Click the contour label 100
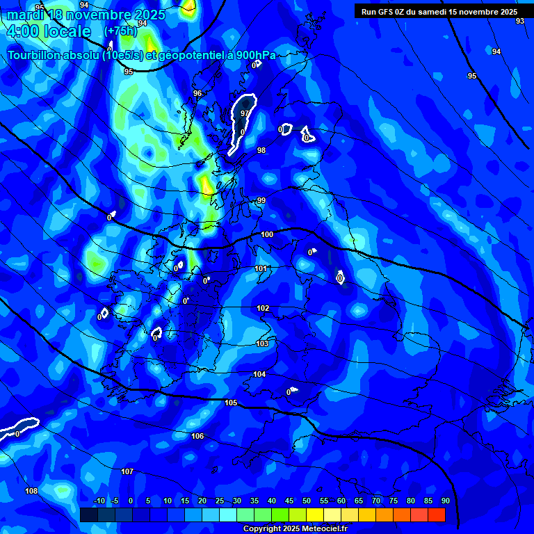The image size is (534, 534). tap(267, 234)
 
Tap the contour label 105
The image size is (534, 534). tap(231, 403)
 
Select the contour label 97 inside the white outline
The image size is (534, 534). tap(245, 113)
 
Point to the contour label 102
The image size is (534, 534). tap(263, 308)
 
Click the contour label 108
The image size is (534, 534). tap(31, 491)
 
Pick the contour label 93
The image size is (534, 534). tap(520, 22)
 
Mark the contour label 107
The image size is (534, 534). tap(127, 471)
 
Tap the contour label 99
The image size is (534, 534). tap(261, 200)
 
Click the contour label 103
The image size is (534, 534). tap(262, 343)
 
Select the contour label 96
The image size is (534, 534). tap(197, 93)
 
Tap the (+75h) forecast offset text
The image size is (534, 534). tap(120, 31)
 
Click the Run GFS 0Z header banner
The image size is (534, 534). tap(439, 12)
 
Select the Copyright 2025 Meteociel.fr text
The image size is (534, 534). tap(294, 528)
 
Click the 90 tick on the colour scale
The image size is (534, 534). tap(445, 501)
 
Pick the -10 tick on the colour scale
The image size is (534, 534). tap(99, 501)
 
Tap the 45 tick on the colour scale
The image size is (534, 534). tap(289, 501)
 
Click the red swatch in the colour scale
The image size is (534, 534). tap(436, 515)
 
